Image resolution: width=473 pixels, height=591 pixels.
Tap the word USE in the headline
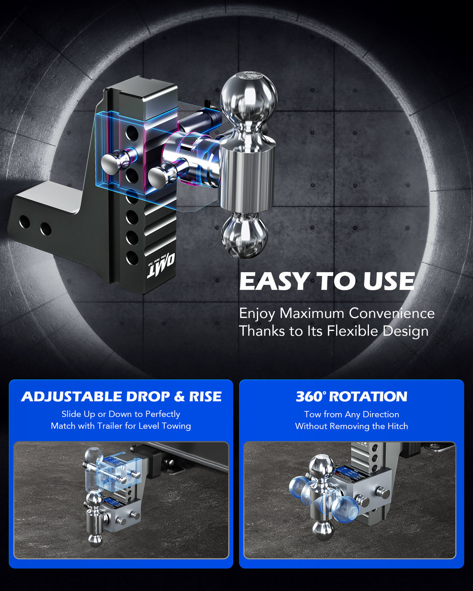(389, 281)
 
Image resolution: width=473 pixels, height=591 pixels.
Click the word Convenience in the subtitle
(392, 313)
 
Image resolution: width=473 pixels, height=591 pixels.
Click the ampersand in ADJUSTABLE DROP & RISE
(179, 397)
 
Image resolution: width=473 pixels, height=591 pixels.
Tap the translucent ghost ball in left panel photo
(94, 457)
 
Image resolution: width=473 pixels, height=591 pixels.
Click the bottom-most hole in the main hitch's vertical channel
(132, 258)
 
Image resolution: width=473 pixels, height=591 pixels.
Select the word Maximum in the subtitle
(312, 313)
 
